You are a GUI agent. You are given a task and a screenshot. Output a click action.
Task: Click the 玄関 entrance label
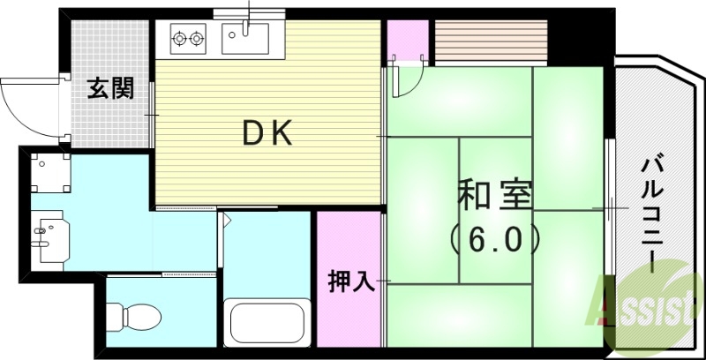click(109, 88)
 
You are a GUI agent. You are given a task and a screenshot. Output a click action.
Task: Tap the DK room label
click(267, 133)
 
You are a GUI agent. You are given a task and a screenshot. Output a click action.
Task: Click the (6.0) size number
click(494, 236)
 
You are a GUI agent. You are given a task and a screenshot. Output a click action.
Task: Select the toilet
click(132, 315)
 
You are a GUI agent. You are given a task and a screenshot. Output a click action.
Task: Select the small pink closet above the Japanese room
click(407, 40)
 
